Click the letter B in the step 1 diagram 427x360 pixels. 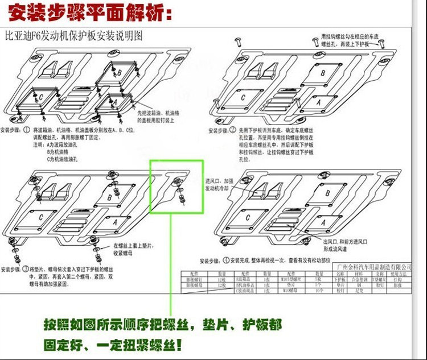coord(120,73)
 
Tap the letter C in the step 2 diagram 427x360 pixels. coord(243,98)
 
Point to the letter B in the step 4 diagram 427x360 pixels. coord(327,193)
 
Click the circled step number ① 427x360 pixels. coord(27,130)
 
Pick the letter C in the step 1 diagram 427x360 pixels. coord(40,97)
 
